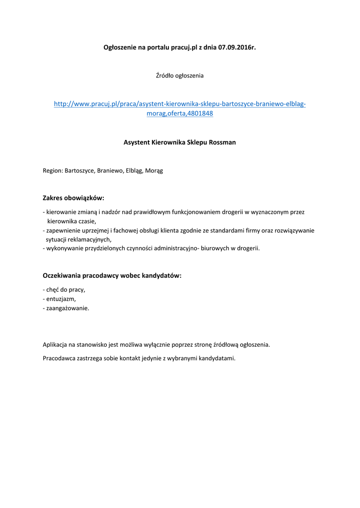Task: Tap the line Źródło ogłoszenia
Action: pos(180,76)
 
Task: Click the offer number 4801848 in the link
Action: pos(199,114)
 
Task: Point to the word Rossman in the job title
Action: pos(222,142)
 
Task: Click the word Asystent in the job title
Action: pos(137,142)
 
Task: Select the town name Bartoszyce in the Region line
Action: pos(79,171)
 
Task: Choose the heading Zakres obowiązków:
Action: pos(73,198)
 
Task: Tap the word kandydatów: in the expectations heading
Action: pos(162,275)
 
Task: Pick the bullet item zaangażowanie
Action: pos(68,308)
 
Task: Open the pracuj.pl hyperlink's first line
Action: pos(180,104)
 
